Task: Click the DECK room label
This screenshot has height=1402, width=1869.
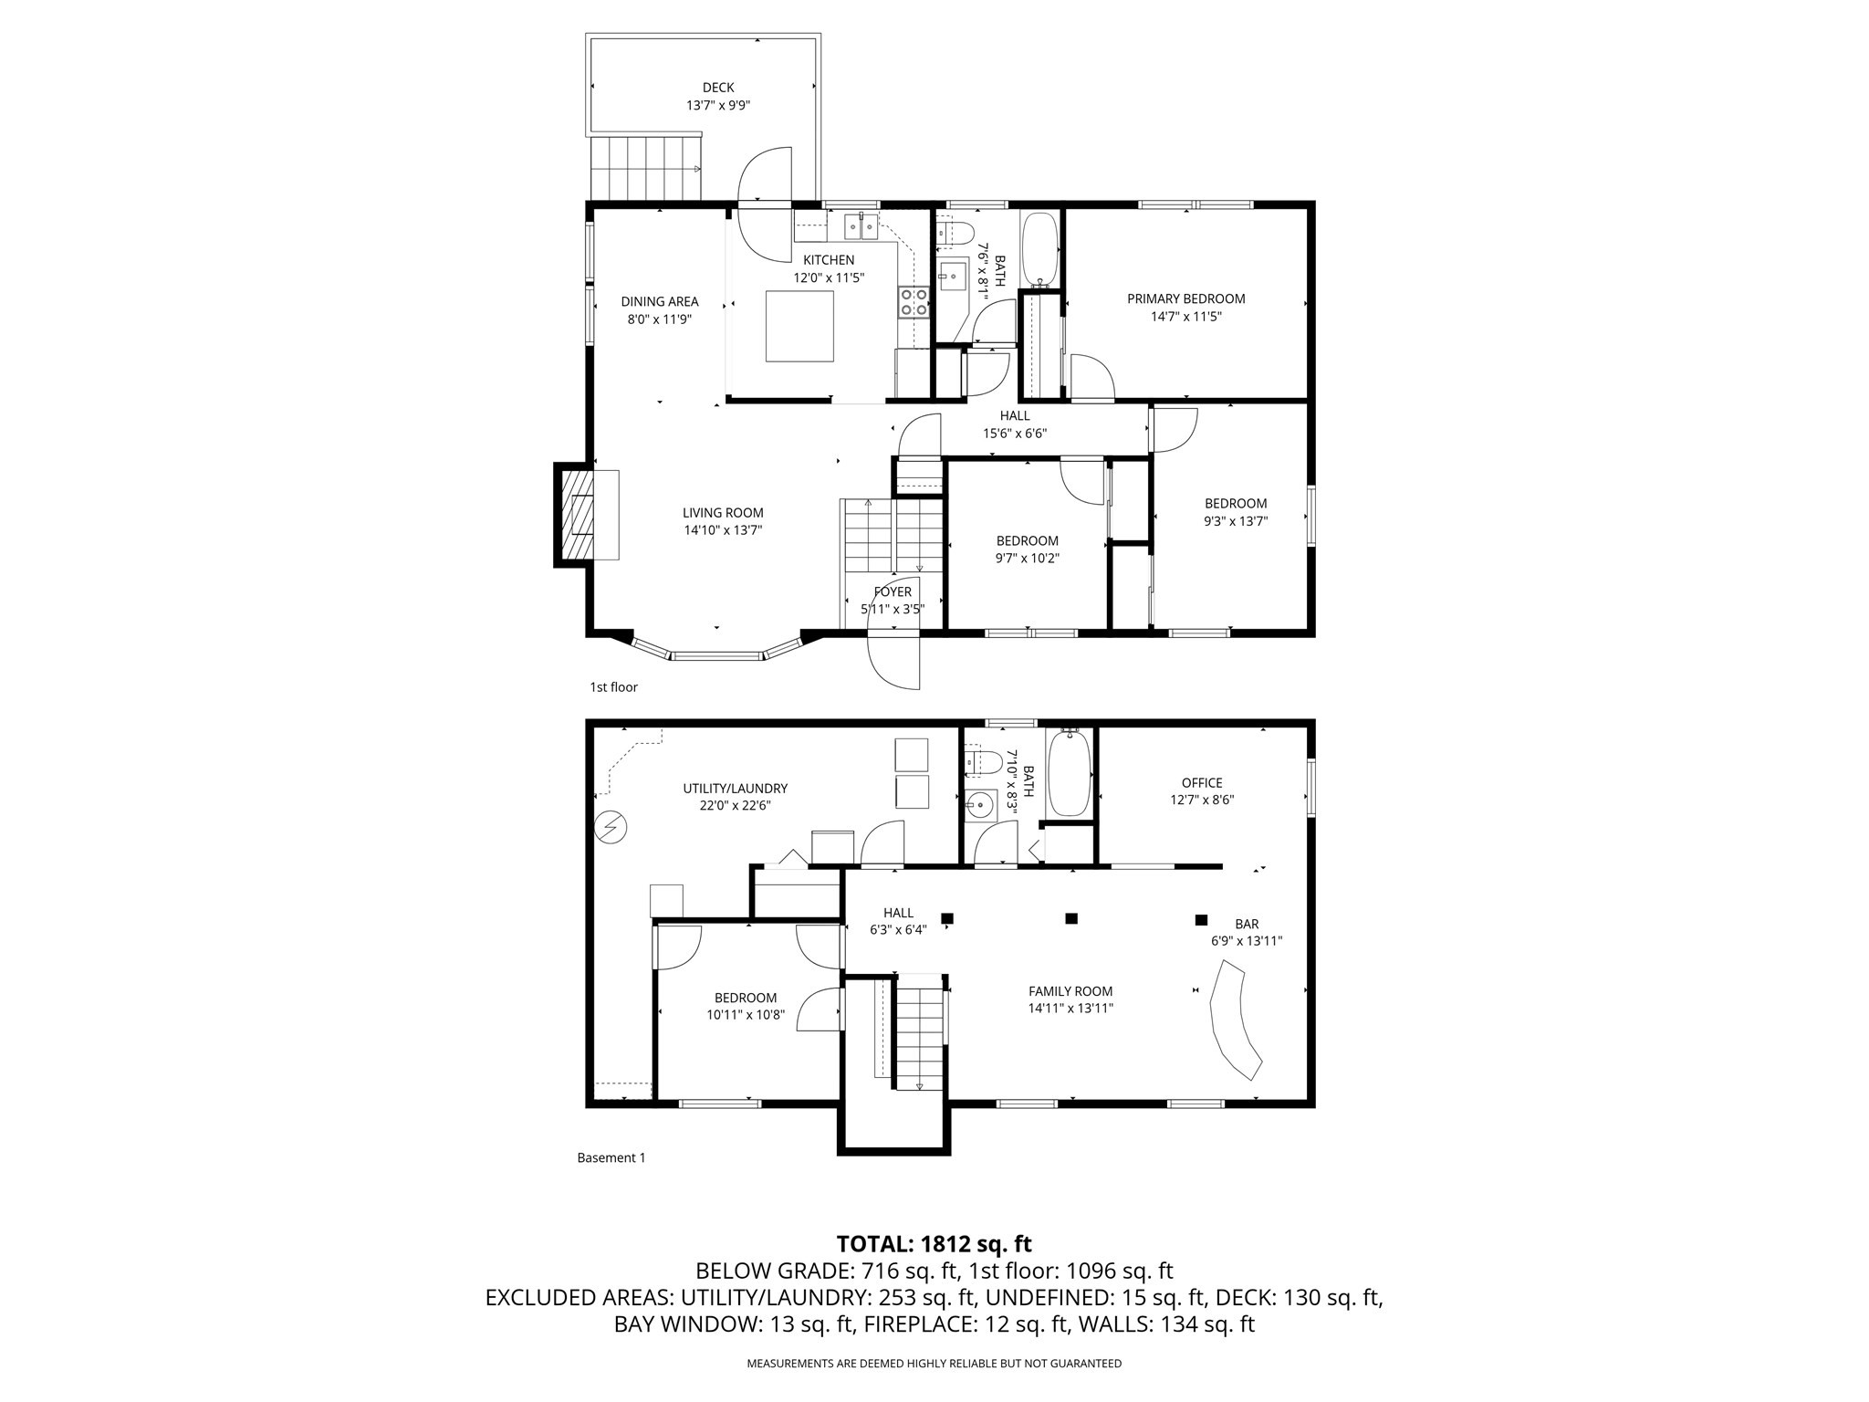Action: pyautogui.click(x=718, y=88)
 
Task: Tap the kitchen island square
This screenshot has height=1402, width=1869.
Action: pyautogui.click(x=799, y=326)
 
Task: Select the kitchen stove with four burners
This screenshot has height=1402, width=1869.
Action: pyautogui.click(x=914, y=302)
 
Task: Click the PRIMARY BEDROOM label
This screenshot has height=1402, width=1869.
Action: pyautogui.click(x=1185, y=298)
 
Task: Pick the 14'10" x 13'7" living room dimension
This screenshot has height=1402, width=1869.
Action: pyautogui.click(x=723, y=530)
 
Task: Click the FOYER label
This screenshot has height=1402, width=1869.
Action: pyautogui.click(x=892, y=592)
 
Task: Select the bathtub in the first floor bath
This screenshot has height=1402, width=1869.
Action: pyautogui.click(x=1039, y=248)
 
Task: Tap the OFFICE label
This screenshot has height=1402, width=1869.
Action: pyautogui.click(x=1201, y=782)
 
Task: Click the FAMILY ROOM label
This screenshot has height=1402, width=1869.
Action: pyautogui.click(x=1070, y=991)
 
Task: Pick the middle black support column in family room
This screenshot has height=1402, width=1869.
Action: pyautogui.click(x=1071, y=918)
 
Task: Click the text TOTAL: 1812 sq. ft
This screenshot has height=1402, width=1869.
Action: pyautogui.click(x=934, y=1243)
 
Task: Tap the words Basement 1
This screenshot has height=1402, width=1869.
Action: pyautogui.click(x=611, y=1157)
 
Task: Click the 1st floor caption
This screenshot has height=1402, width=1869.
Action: pyautogui.click(x=613, y=686)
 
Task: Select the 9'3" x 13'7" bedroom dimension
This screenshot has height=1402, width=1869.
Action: pyautogui.click(x=1235, y=521)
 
